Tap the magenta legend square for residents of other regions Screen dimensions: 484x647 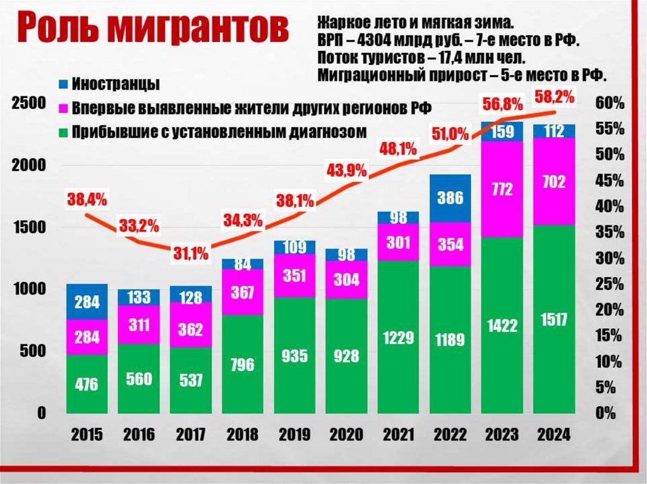click(x=63, y=107)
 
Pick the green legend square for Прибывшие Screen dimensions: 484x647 click(x=63, y=133)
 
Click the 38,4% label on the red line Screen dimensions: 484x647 click(x=87, y=200)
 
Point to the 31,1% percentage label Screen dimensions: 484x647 click(x=191, y=254)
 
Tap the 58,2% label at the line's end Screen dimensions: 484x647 click(x=554, y=97)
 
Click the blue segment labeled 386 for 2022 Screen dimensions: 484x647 click(x=450, y=198)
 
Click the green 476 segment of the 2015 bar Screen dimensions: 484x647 click(x=87, y=384)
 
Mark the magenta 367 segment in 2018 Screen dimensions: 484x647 click(x=243, y=292)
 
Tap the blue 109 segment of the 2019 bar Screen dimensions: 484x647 click(x=294, y=247)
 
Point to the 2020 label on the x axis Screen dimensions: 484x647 click(x=346, y=435)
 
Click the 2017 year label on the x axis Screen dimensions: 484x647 click(x=191, y=435)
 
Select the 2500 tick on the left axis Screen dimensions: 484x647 click(x=28, y=103)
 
